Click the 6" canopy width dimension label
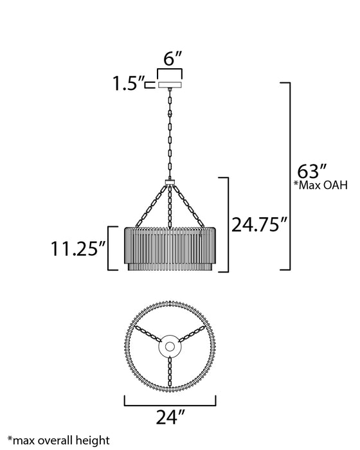(173, 59)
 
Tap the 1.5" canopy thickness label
(128, 84)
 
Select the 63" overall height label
(312, 172)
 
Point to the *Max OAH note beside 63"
(321, 185)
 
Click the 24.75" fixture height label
(260, 224)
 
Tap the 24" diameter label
(170, 417)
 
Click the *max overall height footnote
(59, 440)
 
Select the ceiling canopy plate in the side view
(170, 85)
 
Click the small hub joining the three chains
(170, 182)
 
